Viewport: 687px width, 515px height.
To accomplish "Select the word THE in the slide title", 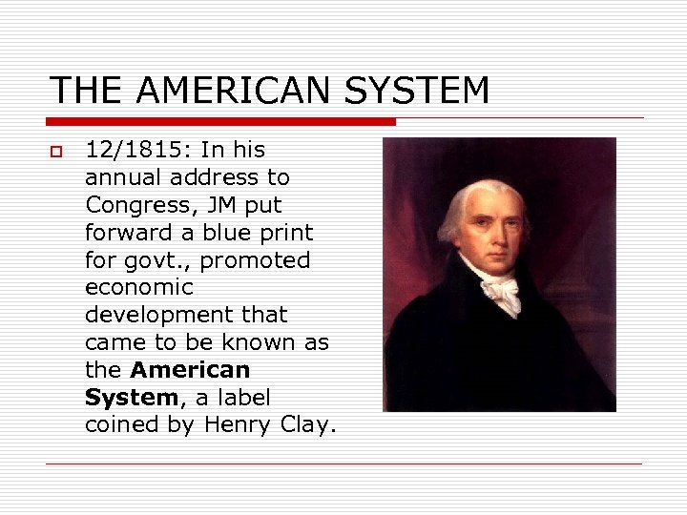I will tap(87, 91).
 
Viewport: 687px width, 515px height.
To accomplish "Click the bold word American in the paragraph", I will tap(190, 370).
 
